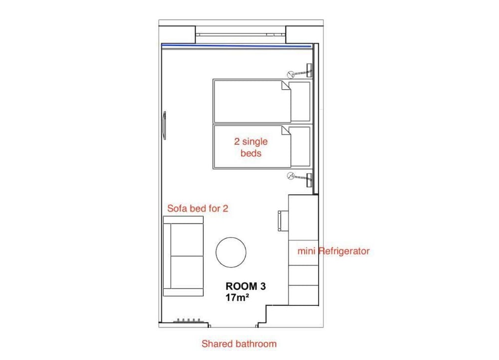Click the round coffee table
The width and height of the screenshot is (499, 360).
click(231, 252)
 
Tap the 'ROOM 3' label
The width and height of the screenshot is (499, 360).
click(246, 286)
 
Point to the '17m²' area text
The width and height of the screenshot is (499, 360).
click(237, 298)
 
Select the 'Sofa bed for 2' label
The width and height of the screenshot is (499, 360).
click(198, 208)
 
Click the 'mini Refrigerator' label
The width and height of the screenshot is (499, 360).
click(333, 251)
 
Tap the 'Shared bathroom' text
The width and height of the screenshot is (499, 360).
click(239, 344)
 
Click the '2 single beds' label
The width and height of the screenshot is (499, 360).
click(251, 147)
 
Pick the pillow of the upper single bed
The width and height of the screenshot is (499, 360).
click(300, 102)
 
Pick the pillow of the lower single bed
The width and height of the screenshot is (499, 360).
click(300, 147)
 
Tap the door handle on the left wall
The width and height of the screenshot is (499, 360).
click(164, 125)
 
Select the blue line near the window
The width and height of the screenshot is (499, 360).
click(236, 46)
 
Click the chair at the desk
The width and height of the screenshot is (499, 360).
click(283, 220)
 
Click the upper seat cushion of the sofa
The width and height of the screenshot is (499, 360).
click(187, 240)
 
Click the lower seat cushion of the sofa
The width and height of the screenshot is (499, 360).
click(187, 272)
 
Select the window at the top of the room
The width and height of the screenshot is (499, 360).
click(241, 34)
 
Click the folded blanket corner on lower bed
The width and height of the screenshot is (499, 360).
click(286, 130)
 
